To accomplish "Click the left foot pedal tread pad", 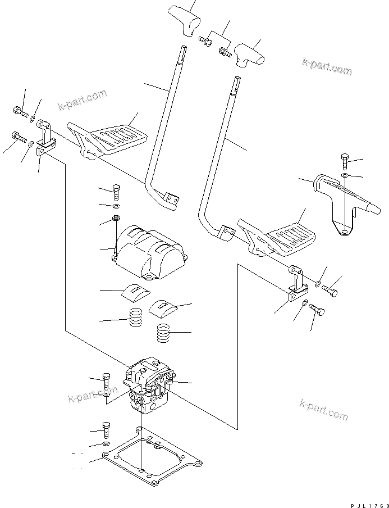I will (x=118, y=137).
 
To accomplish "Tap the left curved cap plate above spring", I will (x=136, y=293).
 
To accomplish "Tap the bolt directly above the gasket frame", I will (x=106, y=429).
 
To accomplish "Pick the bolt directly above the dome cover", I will (x=116, y=192).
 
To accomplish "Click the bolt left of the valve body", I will (x=107, y=382).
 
